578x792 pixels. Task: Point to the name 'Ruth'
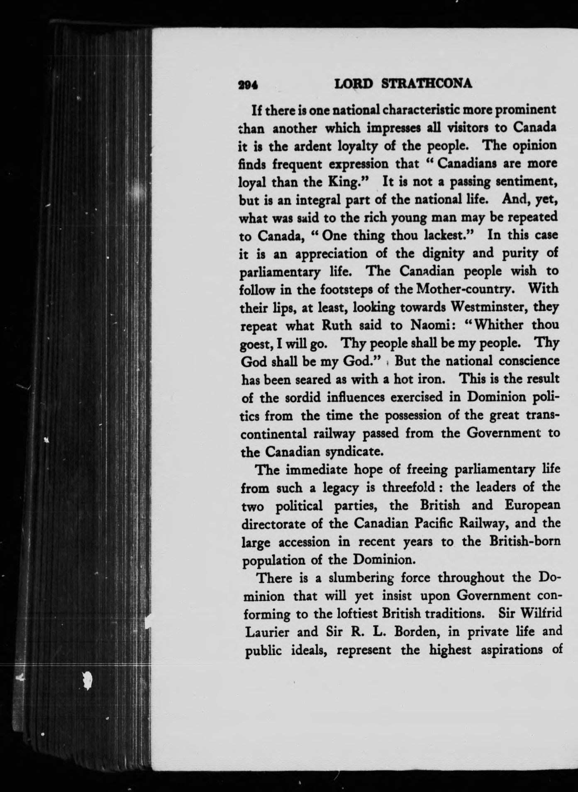pos(337,325)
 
